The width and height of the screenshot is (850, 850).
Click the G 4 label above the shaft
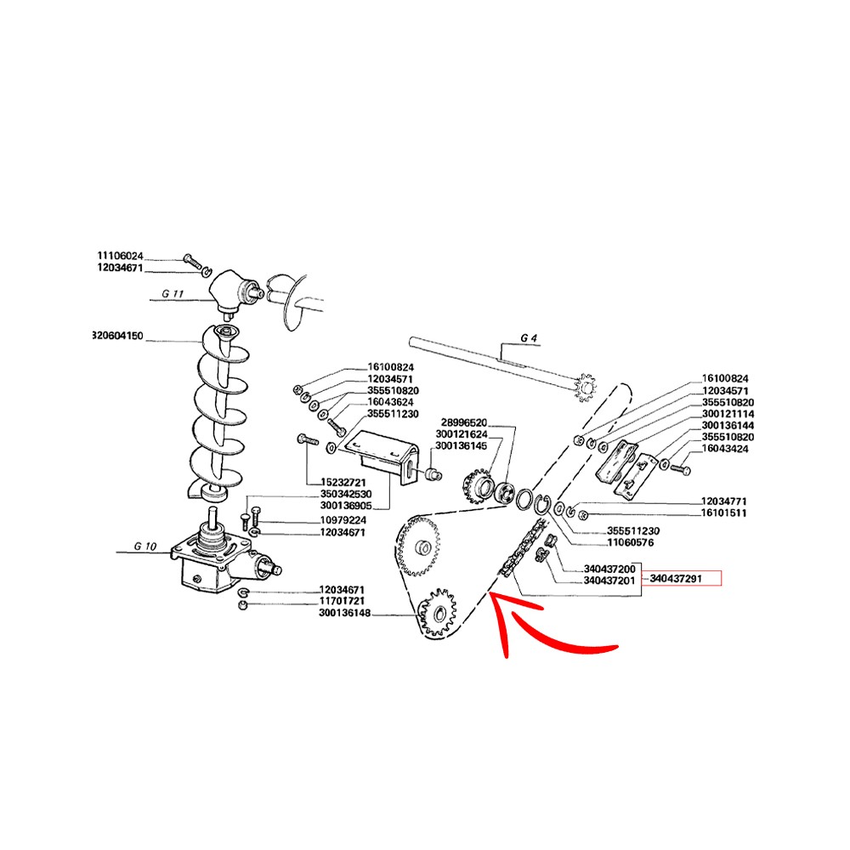[x=529, y=338]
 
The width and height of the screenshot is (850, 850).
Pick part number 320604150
[x=120, y=336]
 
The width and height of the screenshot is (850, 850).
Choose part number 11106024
[x=120, y=256]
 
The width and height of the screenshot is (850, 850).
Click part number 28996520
[x=463, y=422]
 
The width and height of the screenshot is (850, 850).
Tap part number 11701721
[x=343, y=602]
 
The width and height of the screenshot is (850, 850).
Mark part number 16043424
[x=725, y=449]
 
